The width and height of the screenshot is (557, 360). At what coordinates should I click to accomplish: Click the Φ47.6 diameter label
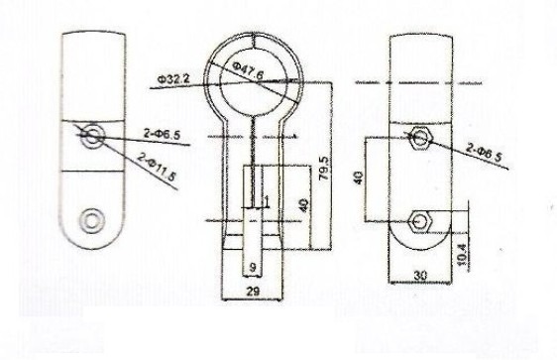249,70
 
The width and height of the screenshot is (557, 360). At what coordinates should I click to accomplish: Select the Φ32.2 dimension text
173,79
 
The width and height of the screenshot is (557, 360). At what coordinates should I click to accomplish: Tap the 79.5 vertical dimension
325,168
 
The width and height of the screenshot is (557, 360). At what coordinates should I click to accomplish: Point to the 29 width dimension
252,292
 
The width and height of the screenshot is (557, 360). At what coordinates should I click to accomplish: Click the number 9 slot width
253,267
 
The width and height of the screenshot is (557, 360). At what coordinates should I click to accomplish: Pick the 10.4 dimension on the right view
463,254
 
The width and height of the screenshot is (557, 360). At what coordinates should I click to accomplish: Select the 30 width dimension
420,276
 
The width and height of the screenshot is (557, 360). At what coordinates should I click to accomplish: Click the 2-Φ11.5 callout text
157,167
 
